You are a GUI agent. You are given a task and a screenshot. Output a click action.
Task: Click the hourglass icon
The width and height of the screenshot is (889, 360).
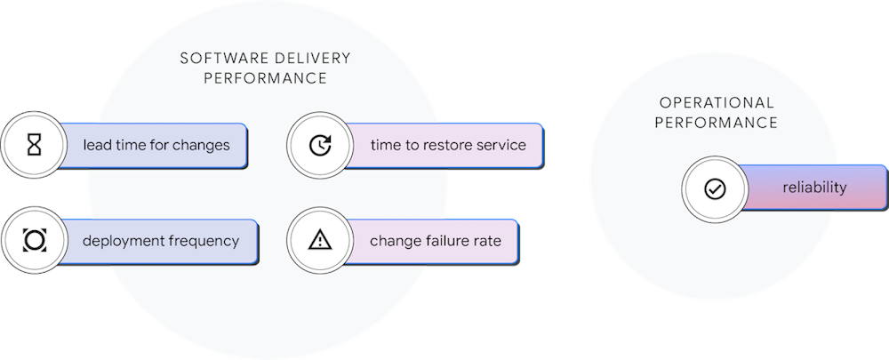coord(34,145)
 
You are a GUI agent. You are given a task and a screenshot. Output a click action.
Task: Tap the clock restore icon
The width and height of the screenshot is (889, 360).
coord(320,145)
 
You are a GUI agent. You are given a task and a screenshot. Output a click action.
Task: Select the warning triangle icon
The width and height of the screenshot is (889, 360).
coord(319,240)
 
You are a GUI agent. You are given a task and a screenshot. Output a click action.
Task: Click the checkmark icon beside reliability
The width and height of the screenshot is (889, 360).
coord(715,189)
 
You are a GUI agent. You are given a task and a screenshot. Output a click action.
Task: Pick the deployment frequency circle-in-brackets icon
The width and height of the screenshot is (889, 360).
coord(34,241)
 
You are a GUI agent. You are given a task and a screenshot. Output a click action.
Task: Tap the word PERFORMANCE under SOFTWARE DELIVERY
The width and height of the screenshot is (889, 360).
coord(265,78)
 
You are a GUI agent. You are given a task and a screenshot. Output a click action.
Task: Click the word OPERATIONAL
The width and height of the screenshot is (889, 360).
coord(717,103)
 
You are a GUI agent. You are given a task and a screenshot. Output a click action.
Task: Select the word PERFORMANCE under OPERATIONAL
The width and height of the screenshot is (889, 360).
coord(717,123)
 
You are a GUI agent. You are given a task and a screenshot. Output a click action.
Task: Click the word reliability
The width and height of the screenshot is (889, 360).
coord(814,188)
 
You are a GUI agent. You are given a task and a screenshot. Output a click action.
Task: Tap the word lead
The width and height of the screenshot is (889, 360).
coord(98,145)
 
